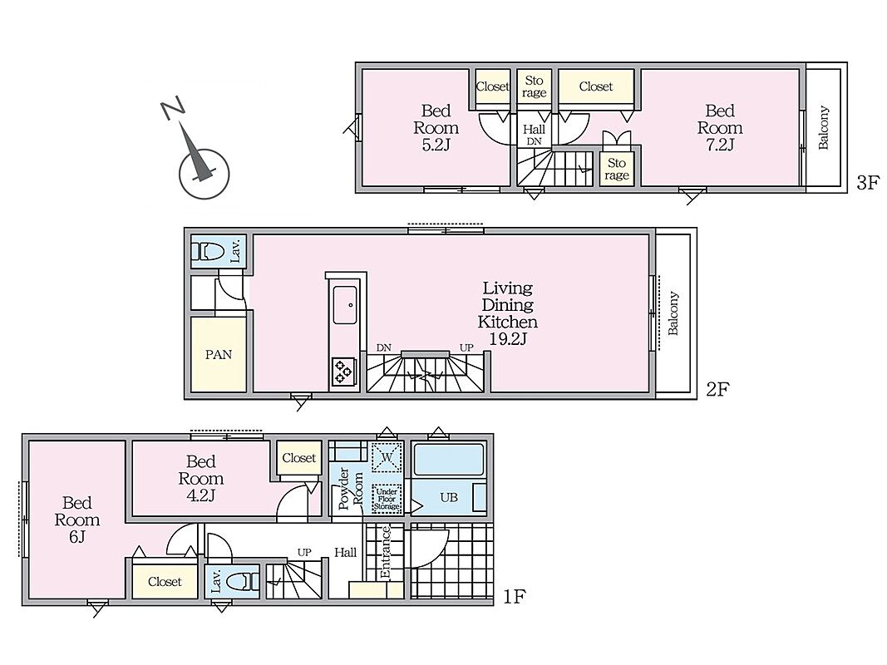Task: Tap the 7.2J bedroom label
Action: coord(720,127)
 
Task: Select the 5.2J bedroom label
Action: coord(436,127)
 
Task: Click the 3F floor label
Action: coord(868,183)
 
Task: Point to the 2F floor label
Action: coord(717,389)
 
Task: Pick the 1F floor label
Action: coord(515,597)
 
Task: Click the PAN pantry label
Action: coord(219,355)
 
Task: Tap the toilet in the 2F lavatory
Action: coord(208,250)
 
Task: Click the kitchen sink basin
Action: coord(344,305)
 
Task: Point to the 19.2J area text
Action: coord(508,339)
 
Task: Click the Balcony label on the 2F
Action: coord(673,313)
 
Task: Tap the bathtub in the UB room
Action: coord(449,459)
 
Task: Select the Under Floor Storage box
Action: coord(387,499)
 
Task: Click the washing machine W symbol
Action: coord(387,457)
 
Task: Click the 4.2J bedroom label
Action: coord(201,479)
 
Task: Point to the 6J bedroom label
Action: coord(77,520)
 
